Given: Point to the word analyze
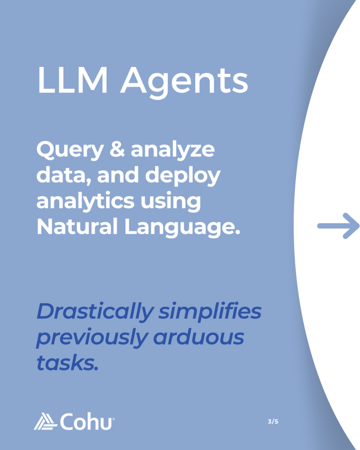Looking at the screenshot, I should pos(173,151).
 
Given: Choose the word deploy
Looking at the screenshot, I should pos(183,176).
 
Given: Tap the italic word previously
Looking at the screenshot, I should pos(90,338).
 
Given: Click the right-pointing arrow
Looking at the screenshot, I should pos(338,226).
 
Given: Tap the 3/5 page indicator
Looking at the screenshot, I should pos(273,422).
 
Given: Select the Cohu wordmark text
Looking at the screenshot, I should pos(86,422).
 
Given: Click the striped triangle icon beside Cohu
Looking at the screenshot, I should pos(45,422).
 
